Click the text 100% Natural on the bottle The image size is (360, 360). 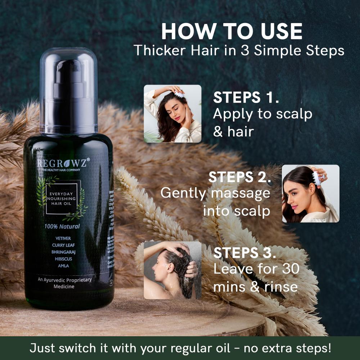(62, 226)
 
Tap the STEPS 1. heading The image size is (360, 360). (246, 98)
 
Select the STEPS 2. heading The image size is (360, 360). (239, 177)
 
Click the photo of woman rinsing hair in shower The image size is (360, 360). (172, 270)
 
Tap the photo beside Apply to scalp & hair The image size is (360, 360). (172, 114)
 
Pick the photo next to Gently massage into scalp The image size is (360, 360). (310, 194)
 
